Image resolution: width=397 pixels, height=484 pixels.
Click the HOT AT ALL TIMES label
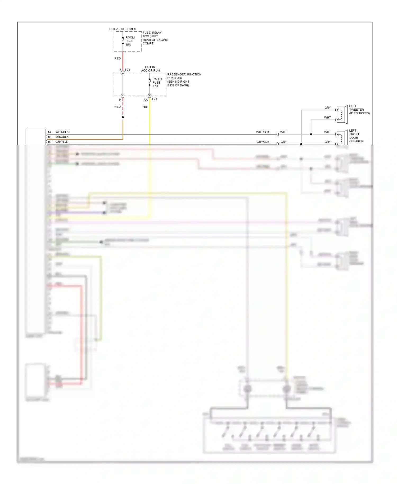coord(123,29)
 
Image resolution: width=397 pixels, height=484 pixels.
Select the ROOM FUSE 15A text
coord(129,41)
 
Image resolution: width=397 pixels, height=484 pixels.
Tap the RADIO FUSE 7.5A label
coord(157,83)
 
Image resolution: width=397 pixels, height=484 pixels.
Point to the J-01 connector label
coord(127,70)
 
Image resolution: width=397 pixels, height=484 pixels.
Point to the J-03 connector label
coord(154,99)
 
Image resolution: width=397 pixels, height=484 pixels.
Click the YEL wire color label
coord(145,107)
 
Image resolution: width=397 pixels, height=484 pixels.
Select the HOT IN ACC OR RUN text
coord(150,69)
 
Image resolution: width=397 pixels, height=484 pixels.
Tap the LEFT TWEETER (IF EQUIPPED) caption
coord(359,110)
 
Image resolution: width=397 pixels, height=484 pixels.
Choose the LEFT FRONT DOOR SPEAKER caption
coord(356,136)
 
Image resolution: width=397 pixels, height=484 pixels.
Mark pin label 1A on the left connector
coord(49,132)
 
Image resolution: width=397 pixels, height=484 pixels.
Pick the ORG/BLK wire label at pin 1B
coord(62,137)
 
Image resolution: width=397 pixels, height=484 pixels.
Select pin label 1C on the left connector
coord(49,142)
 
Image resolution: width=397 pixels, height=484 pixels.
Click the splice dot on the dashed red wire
coord(123,117)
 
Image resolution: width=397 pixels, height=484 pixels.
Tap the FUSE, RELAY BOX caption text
coord(155,38)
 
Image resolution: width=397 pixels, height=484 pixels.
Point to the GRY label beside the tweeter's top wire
coord(328,108)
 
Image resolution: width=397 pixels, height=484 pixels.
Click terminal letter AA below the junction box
coord(146,100)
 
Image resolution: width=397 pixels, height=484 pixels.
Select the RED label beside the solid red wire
coord(118,59)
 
